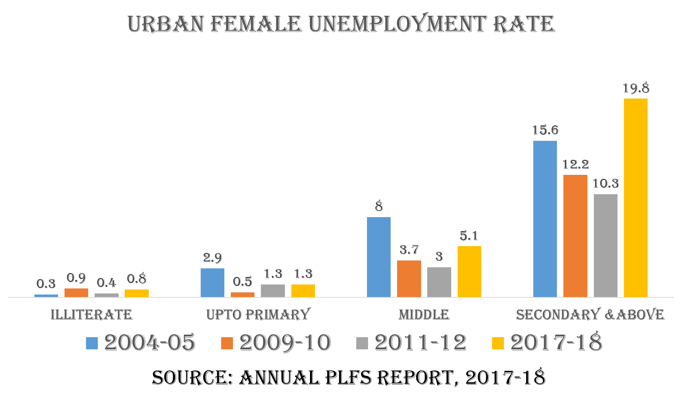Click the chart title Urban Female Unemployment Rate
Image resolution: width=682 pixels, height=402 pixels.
click(341, 24)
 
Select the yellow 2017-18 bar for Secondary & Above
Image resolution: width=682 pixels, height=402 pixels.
click(635, 197)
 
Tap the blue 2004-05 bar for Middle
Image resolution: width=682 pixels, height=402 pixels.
click(378, 257)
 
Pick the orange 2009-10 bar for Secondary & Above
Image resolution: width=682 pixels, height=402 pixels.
click(575, 236)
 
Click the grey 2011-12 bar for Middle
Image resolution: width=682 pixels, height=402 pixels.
click(439, 282)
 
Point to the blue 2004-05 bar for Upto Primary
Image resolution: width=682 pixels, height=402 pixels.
click(212, 283)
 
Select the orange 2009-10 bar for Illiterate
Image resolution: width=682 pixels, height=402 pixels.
click(76, 293)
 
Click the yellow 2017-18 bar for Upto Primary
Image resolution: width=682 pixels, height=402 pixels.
click(303, 291)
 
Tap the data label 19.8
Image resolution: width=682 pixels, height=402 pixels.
click(636, 88)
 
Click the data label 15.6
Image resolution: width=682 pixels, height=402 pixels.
click(545, 130)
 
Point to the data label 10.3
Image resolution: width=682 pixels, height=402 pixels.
click(605, 183)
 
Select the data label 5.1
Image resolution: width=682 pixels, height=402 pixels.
click(469, 236)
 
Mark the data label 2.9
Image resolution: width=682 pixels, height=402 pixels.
click(212, 258)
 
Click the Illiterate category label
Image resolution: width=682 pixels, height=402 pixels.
click(91, 315)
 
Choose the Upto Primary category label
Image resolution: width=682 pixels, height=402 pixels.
click(258, 315)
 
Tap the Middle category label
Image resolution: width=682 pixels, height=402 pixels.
click(424, 315)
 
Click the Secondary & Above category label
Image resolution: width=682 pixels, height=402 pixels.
click(590, 315)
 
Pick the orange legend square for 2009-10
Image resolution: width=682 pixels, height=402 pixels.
click(227, 343)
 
